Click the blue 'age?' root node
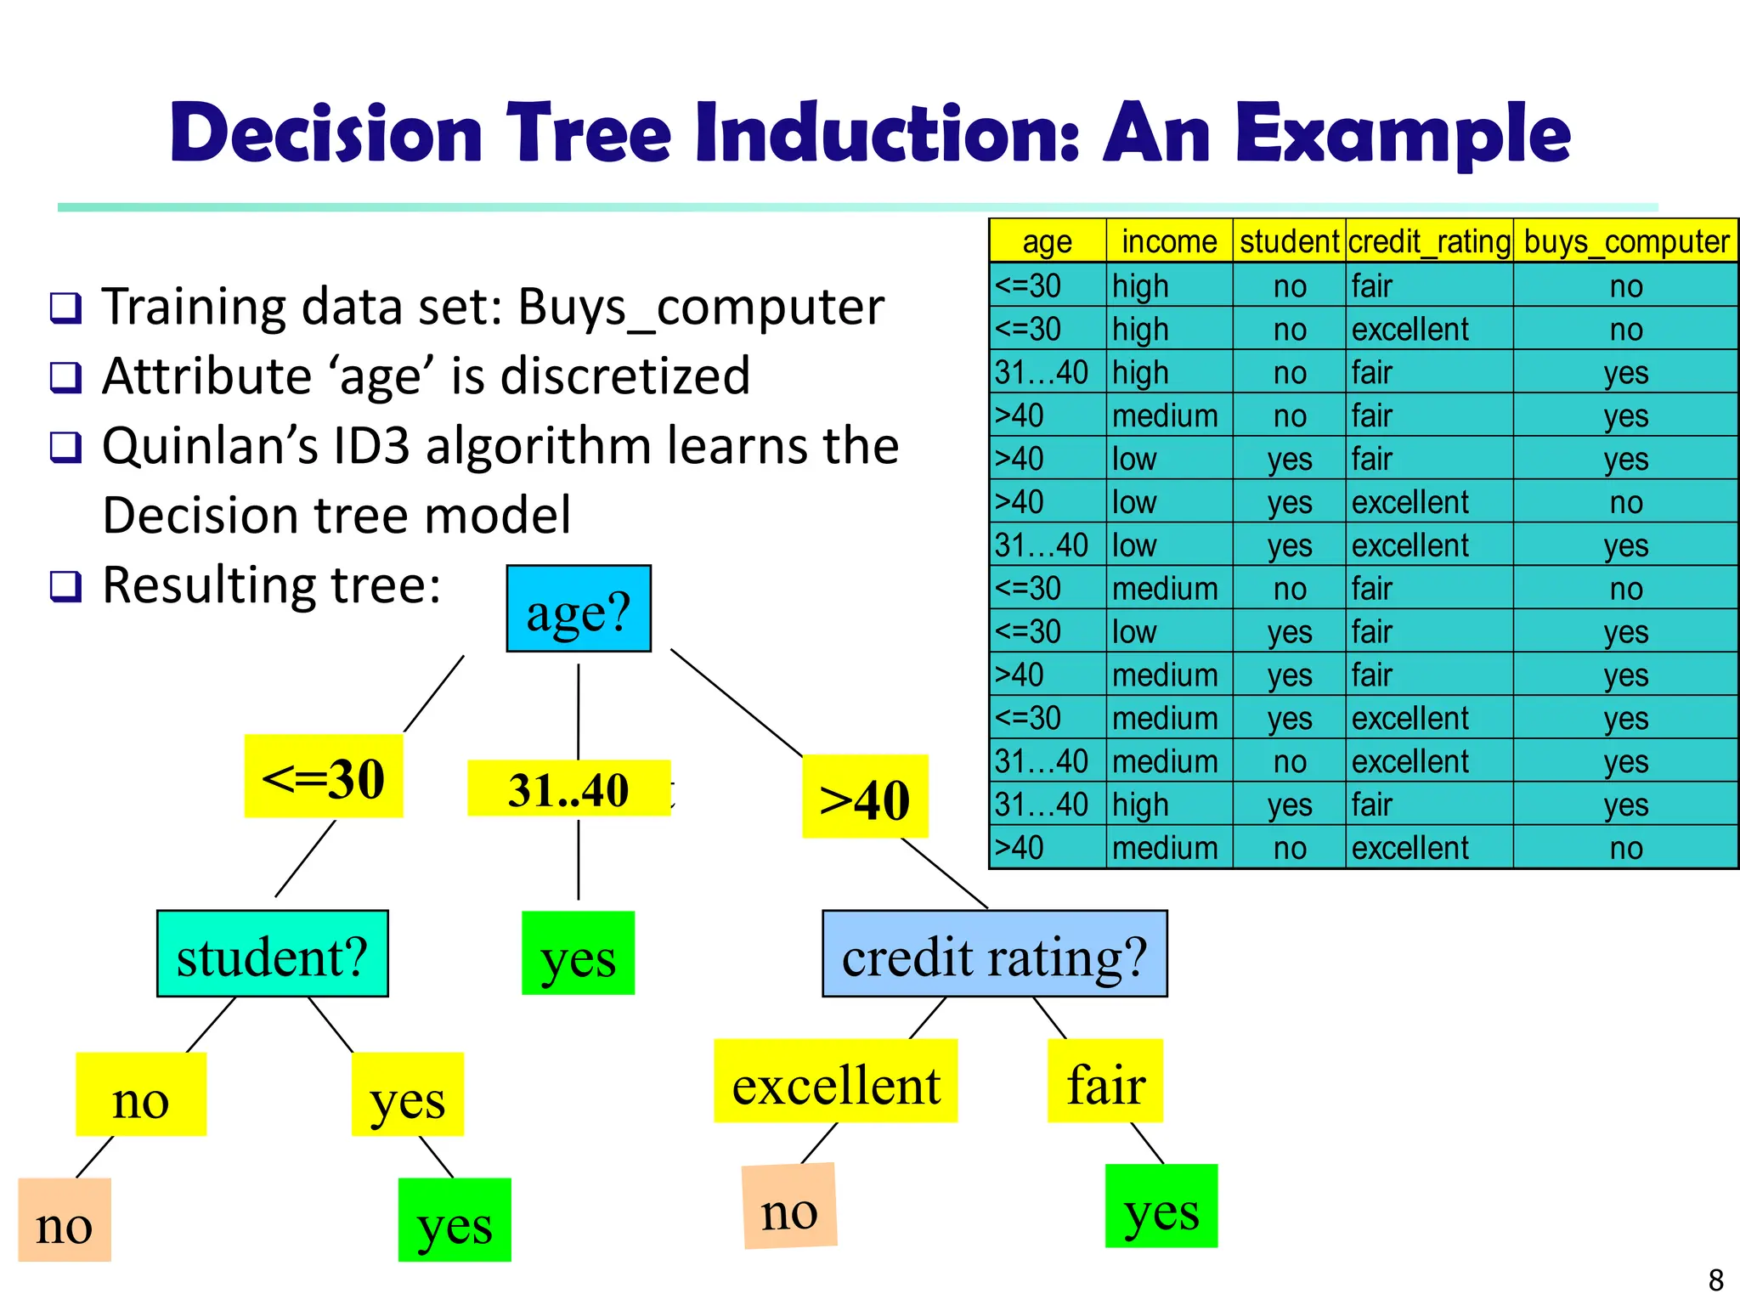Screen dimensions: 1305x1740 coord(579,609)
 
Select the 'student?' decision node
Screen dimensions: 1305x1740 coord(272,954)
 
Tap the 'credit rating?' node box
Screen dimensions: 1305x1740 coord(994,954)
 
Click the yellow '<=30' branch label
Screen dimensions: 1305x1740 coord(323,777)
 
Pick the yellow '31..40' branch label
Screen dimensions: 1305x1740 coord(568,788)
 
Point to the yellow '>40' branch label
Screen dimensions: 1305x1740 coord(864,797)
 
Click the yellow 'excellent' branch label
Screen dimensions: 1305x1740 coord(835,1082)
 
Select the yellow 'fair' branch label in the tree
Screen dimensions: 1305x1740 coord(1104,1082)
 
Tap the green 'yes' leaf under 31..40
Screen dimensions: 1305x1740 coord(578,953)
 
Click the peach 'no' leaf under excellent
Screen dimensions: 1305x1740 coord(789,1206)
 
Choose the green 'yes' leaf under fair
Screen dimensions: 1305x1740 coord(1161,1206)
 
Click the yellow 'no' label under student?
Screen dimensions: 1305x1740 coord(141,1095)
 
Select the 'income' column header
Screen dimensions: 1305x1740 coord(1169,241)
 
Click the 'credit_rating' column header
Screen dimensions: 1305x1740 coord(1429,241)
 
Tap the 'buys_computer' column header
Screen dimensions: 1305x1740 coord(1625,241)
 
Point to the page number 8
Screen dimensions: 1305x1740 coord(1715,1280)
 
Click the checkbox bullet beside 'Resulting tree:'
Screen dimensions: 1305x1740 coord(65,586)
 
